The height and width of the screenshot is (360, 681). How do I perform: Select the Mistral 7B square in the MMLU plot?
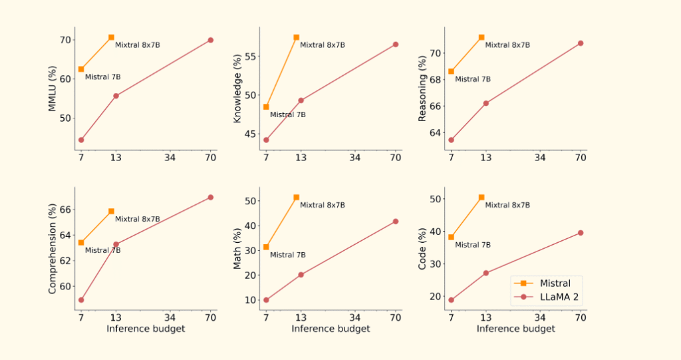pyautogui.click(x=81, y=69)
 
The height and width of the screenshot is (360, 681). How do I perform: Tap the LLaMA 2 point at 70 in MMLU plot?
pyautogui.click(x=210, y=40)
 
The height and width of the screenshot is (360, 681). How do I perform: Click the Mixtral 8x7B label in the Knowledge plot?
pyautogui.click(x=323, y=45)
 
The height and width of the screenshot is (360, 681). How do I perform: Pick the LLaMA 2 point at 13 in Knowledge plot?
pyautogui.click(x=301, y=100)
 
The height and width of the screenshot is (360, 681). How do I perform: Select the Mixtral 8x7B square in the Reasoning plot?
pyautogui.click(x=481, y=37)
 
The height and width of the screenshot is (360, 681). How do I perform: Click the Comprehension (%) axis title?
pyautogui.click(x=53, y=250)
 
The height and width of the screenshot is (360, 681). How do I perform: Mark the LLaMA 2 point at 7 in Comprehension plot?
pyautogui.click(x=81, y=300)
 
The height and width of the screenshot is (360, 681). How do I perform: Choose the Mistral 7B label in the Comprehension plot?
pyautogui.click(x=102, y=251)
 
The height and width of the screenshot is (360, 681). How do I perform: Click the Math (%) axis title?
pyautogui.click(x=237, y=249)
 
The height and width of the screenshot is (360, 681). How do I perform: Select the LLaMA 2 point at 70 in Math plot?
pyautogui.click(x=395, y=221)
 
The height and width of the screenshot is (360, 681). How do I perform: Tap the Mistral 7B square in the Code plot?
pyautogui.click(x=451, y=237)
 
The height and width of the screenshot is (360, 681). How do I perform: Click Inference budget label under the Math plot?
pyautogui.click(x=331, y=329)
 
